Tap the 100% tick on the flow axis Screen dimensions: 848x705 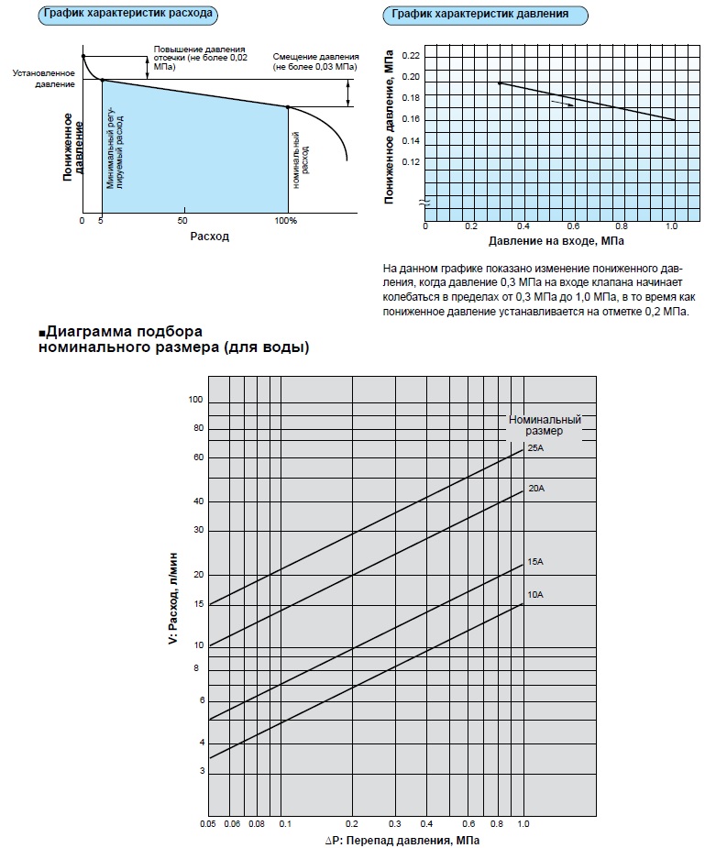coord(286,221)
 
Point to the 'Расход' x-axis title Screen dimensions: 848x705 coord(209,236)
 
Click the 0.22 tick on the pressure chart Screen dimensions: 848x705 coord(410,56)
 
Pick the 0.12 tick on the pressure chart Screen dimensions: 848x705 coord(410,161)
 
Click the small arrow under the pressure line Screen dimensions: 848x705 coord(562,105)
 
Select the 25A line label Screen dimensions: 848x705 coord(536,447)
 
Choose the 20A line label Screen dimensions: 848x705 coord(536,488)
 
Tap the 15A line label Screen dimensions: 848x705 coord(536,561)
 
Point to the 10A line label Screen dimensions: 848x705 coord(536,595)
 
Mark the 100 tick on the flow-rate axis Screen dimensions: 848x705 coord(195,401)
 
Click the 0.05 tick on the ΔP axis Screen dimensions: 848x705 coord(208,824)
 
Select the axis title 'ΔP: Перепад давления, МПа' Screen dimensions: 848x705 coord(402,840)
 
